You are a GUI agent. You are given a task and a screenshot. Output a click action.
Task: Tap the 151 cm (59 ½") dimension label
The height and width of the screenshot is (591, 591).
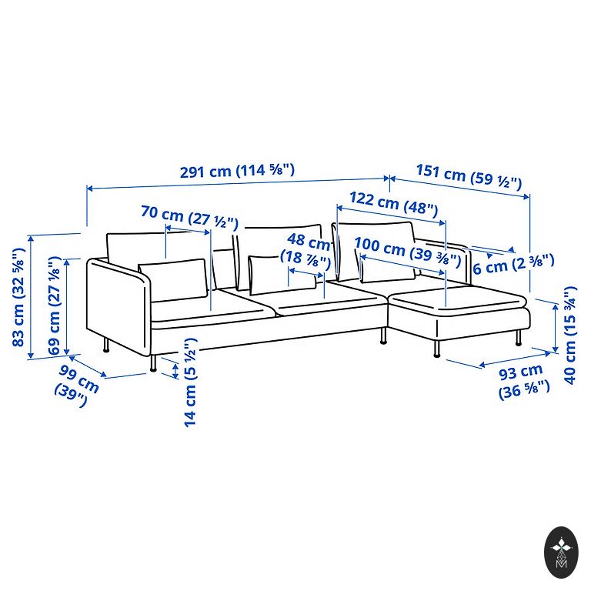click(x=469, y=176)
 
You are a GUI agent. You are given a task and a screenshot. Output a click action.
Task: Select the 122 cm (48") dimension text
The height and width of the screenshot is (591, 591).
click(x=393, y=204)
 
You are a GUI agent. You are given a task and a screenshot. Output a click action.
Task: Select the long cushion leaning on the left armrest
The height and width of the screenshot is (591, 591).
click(x=173, y=279)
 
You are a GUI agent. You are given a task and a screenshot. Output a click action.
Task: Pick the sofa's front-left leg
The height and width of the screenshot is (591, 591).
click(x=154, y=363)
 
